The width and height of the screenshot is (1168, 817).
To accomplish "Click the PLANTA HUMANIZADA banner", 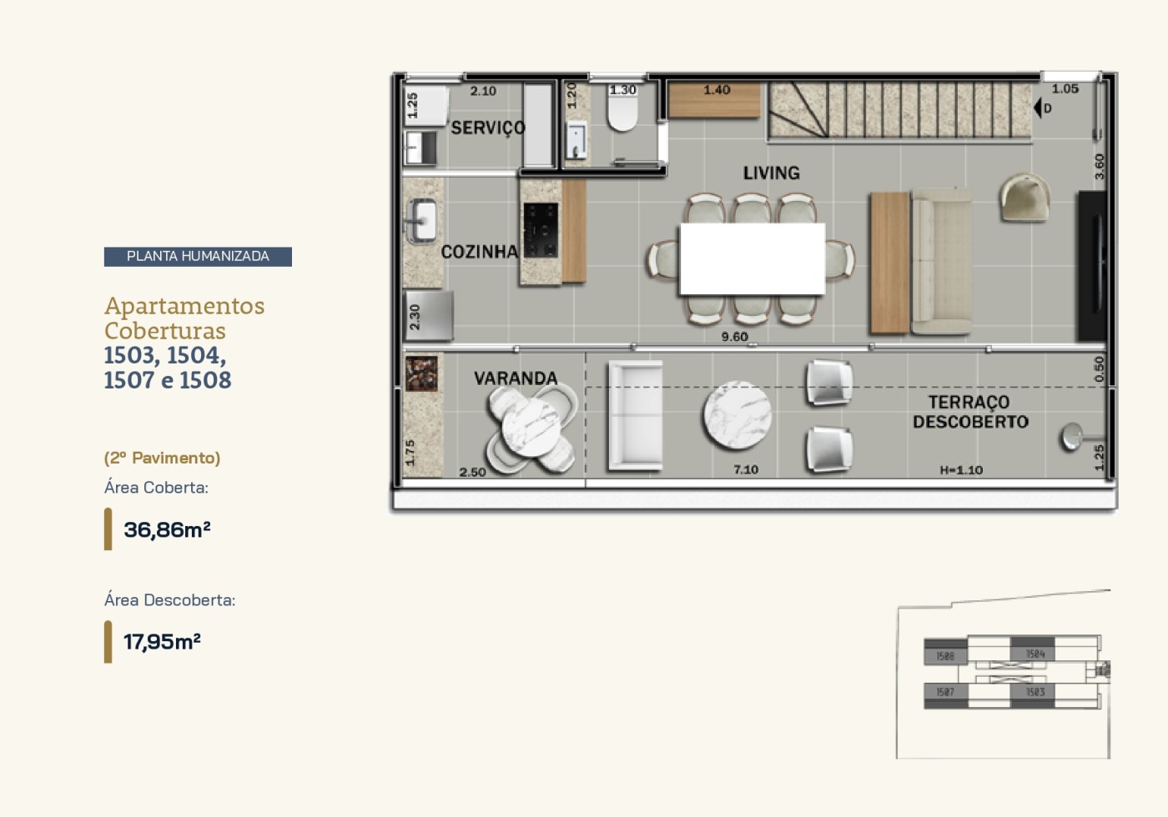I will pos(198,256).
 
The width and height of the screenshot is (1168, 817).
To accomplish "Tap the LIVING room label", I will pos(771,173).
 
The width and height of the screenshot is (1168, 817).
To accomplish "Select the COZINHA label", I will pos(479,252).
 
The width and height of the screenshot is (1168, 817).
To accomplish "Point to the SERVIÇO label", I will pos(488,128).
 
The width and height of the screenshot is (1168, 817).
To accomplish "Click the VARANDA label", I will pos(516,378).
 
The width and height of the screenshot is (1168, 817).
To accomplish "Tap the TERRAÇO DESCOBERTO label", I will pos(969,412).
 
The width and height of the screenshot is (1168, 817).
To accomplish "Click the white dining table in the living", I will pos(752,258).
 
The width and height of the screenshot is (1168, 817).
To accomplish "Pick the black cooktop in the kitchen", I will pos(541,230).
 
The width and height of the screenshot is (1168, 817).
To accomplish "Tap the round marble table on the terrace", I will pos(737,414).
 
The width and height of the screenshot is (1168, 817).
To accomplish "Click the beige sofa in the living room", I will pos(941,261).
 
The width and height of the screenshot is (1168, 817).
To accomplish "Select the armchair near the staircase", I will pos(1025,198).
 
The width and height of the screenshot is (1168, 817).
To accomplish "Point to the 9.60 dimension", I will pos(734,337).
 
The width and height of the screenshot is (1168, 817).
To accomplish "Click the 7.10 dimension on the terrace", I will pos(746,469).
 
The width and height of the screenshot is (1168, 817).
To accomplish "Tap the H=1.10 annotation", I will pos(961,470).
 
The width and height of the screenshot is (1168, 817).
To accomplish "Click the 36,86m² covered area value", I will pos(167,529).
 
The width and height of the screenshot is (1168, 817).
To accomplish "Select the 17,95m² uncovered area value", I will pos(162,641).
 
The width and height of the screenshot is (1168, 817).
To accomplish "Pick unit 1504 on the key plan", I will pos(1034,654).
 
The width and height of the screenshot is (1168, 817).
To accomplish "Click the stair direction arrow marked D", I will pos(1040,108).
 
